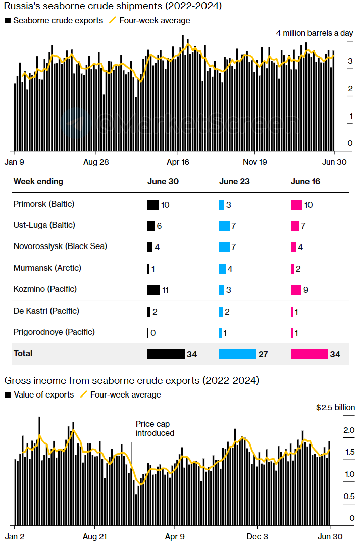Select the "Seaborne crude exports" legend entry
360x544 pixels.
click(x=58, y=21)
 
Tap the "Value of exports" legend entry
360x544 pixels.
click(x=43, y=394)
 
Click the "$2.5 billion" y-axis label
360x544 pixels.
click(x=335, y=407)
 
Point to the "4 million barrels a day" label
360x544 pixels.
click(x=315, y=33)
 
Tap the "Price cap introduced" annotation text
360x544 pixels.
click(x=155, y=429)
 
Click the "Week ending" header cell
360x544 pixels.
click(x=38, y=182)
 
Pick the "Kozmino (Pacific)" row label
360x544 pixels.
click(x=45, y=289)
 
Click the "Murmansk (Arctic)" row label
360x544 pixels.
click(x=47, y=268)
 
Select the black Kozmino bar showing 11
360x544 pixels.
click(x=153, y=290)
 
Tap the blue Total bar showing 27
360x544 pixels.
click(x=237, y=354)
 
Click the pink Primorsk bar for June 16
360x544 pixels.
click(x=296, y=205)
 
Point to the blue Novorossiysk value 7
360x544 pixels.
click(x=234, y=247)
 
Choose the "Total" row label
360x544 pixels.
click(x=23, y=354)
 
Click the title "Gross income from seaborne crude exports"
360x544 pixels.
click(x=131, y=380)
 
